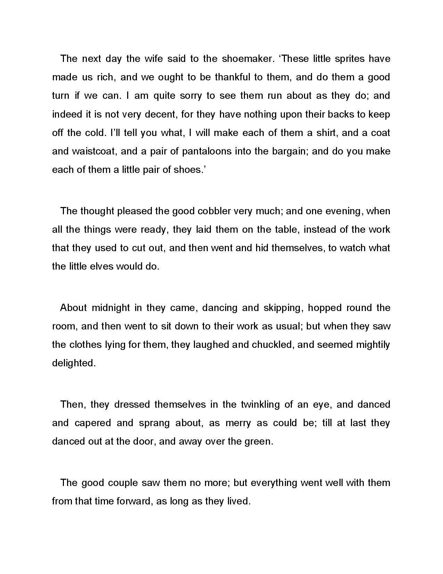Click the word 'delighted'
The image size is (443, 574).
(x=73, y=363)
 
